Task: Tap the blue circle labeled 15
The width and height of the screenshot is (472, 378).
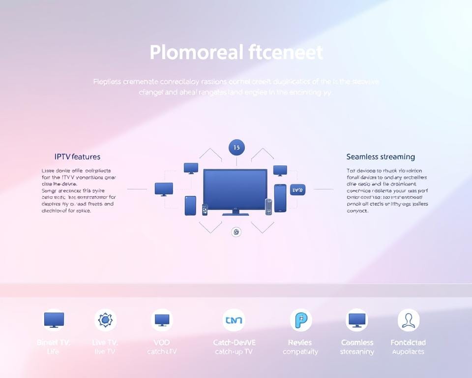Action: point(236,147)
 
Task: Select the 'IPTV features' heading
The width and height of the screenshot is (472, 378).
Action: point(77,157)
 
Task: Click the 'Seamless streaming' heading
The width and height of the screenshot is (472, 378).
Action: point(380,157)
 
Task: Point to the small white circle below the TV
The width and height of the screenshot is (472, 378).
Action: point(236,232)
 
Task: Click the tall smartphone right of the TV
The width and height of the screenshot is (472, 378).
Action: point(280,197)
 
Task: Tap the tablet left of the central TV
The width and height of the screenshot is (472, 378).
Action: point(190,205)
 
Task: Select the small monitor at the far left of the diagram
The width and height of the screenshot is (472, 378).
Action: point(164,188)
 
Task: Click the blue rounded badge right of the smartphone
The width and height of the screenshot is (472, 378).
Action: point(297,189)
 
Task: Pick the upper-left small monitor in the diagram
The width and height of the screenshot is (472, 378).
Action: point(191,168)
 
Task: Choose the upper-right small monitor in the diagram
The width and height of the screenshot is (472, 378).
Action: point(280,170)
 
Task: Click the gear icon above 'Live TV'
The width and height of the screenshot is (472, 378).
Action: point(105,320)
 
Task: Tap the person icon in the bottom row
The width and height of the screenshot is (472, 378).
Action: point(408,320)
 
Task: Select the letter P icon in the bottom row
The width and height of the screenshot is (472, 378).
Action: point(300,320)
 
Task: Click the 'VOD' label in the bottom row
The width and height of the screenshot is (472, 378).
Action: point(162,342)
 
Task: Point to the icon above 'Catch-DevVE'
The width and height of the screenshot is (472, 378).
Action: point(234,320)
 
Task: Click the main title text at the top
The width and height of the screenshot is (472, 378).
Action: point(236,52)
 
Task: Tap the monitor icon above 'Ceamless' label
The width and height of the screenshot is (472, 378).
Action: point(357,320)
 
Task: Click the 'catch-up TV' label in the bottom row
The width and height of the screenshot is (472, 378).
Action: point(234,351)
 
